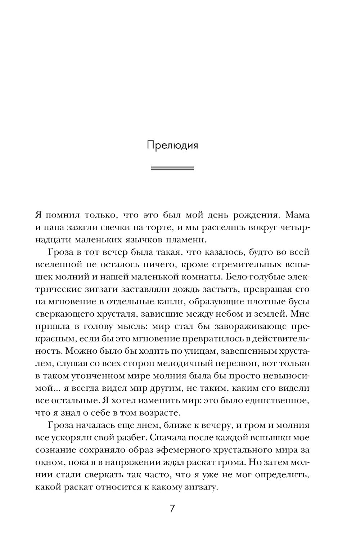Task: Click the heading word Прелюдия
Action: (172, 146)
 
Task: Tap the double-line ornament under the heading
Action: (172, 168)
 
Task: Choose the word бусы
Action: (298, 302)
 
